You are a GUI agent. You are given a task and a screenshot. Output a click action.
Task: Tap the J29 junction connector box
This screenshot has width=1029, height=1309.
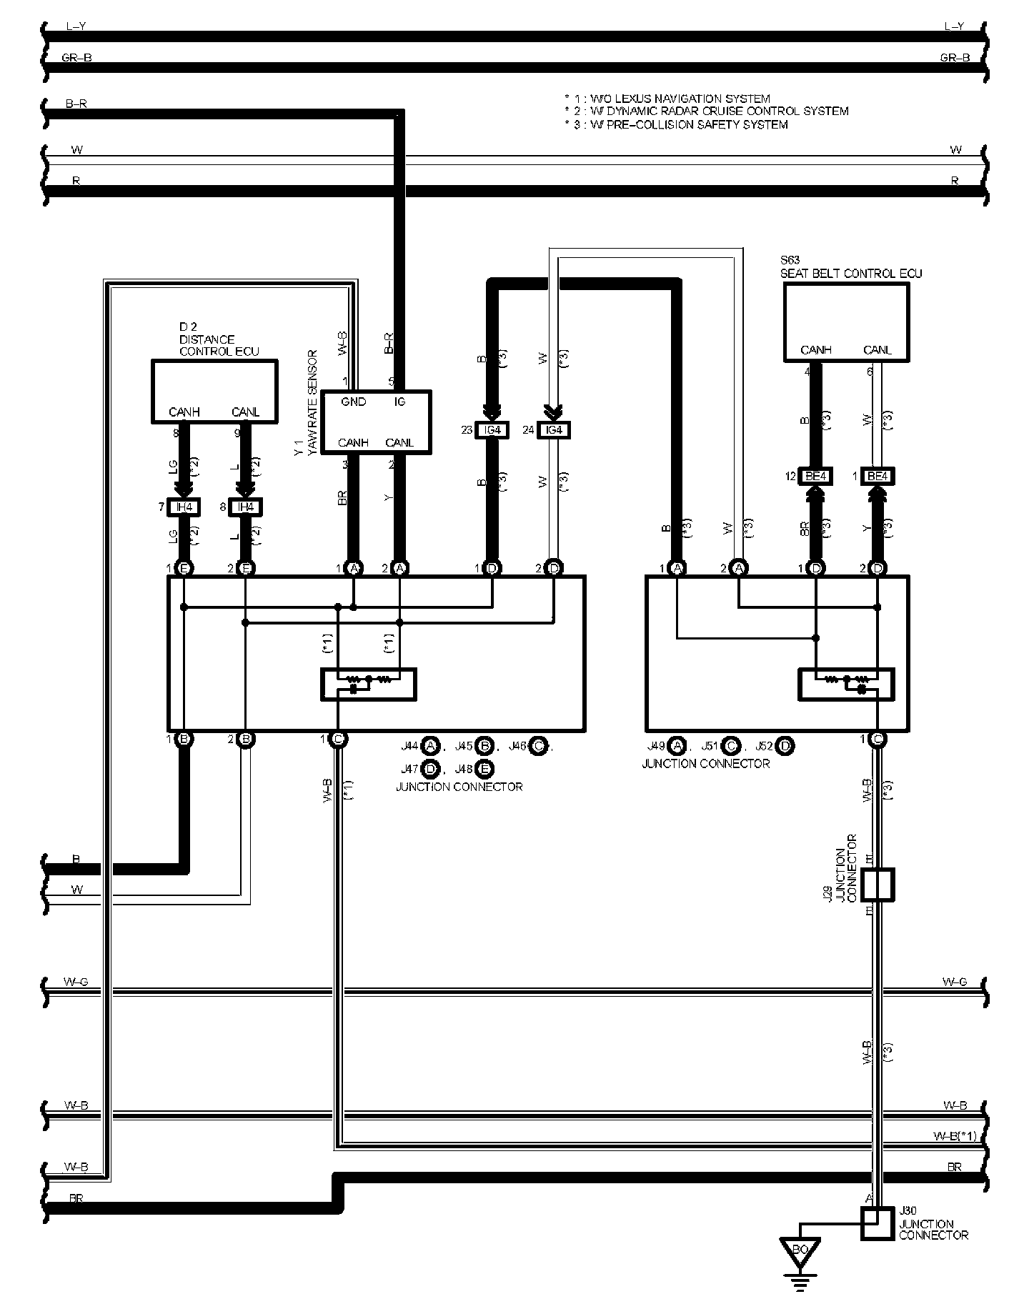878,885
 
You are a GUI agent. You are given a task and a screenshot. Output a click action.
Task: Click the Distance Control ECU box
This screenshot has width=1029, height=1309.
214,391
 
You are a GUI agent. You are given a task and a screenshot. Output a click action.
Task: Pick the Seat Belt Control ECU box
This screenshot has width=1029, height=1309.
847,321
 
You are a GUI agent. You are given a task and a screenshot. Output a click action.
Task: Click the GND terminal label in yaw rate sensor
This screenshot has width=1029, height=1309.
353,402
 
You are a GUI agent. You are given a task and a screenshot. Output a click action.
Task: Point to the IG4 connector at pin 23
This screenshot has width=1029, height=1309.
492,430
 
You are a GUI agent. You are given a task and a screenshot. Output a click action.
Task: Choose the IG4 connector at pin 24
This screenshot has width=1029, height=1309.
554,430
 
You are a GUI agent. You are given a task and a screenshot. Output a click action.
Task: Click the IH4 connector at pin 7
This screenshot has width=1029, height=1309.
184,507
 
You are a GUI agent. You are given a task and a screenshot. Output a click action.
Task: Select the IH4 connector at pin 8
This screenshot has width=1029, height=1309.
246,507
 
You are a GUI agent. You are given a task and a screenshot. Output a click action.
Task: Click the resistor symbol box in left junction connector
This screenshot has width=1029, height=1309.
369,684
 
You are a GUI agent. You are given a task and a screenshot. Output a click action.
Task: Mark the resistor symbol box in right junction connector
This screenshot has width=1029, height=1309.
846,684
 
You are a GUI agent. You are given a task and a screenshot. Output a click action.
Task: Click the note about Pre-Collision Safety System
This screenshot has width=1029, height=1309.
675,124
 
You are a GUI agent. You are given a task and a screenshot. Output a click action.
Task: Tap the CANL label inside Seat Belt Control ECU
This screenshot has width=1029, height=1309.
878,350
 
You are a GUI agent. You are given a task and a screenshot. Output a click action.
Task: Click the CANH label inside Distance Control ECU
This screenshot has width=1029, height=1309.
184,412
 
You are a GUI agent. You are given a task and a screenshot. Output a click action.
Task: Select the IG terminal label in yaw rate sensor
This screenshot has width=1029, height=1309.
399,402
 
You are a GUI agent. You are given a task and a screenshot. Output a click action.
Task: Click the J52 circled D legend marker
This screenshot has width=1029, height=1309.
785,746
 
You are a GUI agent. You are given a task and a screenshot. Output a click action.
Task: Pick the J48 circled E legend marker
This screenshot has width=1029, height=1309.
484,769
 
